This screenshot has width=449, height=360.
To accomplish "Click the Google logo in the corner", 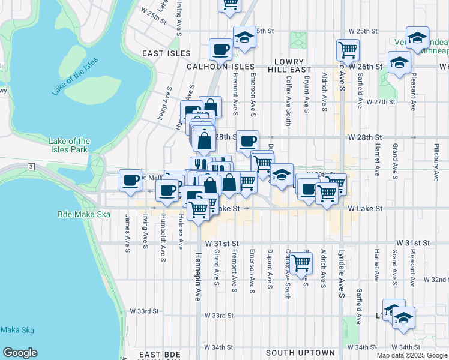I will pos(20,353).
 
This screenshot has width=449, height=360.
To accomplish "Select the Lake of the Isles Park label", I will pos(69,145).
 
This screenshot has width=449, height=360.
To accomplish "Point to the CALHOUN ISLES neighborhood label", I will pos(220,67).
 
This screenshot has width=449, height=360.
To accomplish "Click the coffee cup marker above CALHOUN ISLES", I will pos(220,49).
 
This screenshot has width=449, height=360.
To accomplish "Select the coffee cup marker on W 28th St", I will pos(247,141).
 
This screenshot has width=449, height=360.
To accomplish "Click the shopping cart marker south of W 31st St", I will pos(301,262).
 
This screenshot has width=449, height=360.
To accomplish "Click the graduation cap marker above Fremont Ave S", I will pos(244,38).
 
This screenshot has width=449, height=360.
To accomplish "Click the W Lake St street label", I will pos(365,208).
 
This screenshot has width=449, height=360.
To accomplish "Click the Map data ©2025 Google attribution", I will pos(411,355).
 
